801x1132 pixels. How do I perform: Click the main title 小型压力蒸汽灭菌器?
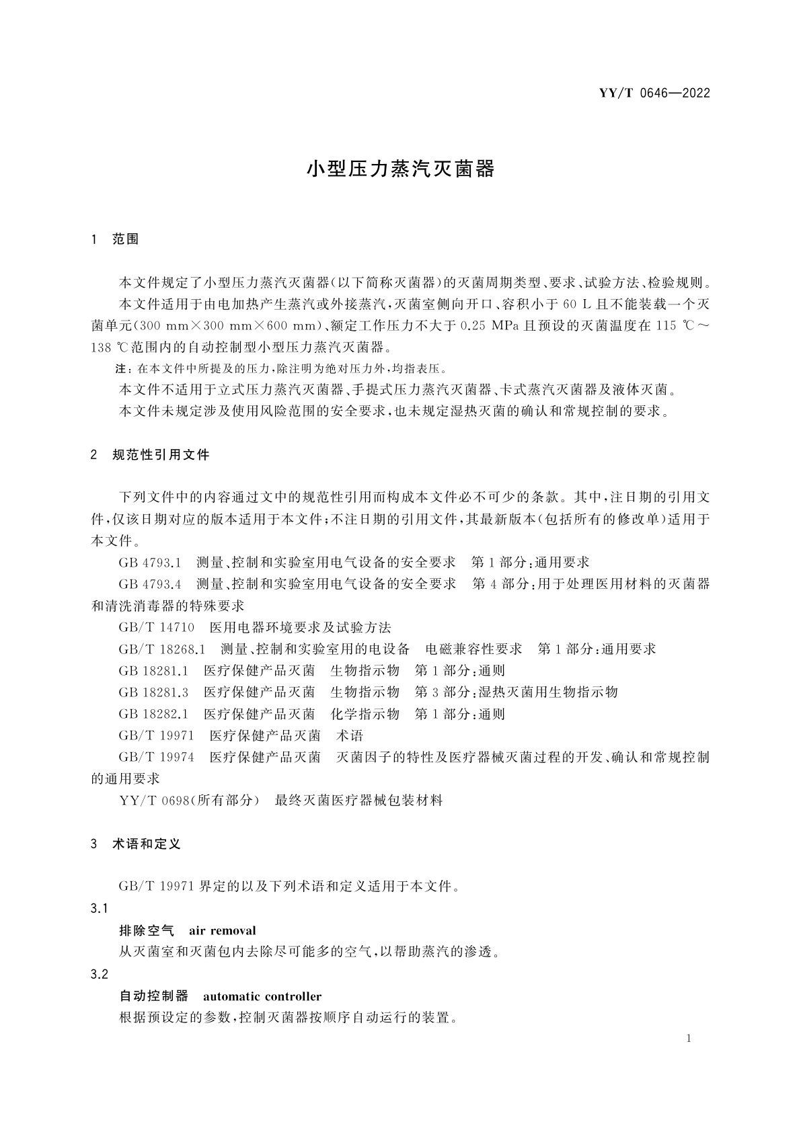click(401, 169)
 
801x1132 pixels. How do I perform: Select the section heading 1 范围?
click(115, 239)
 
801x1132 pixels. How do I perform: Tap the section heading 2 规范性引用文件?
click(150, 455)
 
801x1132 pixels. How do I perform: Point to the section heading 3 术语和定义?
click(136, 844)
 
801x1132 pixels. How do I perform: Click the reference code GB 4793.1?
click(150, 563)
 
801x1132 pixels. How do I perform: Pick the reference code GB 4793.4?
click(150, 584)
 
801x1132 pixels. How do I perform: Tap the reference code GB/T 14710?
click(156, 628)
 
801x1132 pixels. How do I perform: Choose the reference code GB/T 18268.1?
click(161, 649)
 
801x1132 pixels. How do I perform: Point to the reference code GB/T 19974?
click(156, 758)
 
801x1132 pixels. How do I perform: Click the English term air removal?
click(223, 931)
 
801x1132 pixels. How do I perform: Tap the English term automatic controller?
click(262, 996)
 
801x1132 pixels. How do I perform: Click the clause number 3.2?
click(100, 974)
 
